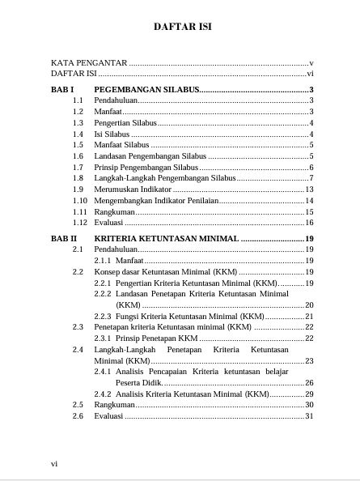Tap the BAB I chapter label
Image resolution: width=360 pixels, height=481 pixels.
pyautogui.click(x=62, y=89)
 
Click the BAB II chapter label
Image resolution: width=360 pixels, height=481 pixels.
pyautogui.click(x=64, y=239)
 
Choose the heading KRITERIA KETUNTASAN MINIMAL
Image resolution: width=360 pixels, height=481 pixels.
pyautogui.click(x=166, y=239)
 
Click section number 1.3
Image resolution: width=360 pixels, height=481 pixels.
pyautogui.click(x=78, y=122)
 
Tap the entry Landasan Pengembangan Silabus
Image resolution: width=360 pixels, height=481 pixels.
pyautogui.click(x=150, y=155)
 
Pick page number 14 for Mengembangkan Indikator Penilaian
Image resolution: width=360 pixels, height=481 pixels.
pyautogui.click(x=309, y=200)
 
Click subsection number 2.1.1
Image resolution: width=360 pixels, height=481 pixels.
pyautogui.click(x=103, y=261)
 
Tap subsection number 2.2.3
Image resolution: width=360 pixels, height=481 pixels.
pyautogui.click(x=103, y=316)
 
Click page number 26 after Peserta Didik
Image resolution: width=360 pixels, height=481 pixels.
pyautogui.click(x=309, y=382)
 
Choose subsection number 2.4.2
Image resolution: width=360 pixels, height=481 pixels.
pyautogui.click(x=103, y=394)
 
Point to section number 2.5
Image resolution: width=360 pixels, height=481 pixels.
pyautogui.click(x=78, y=405)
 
